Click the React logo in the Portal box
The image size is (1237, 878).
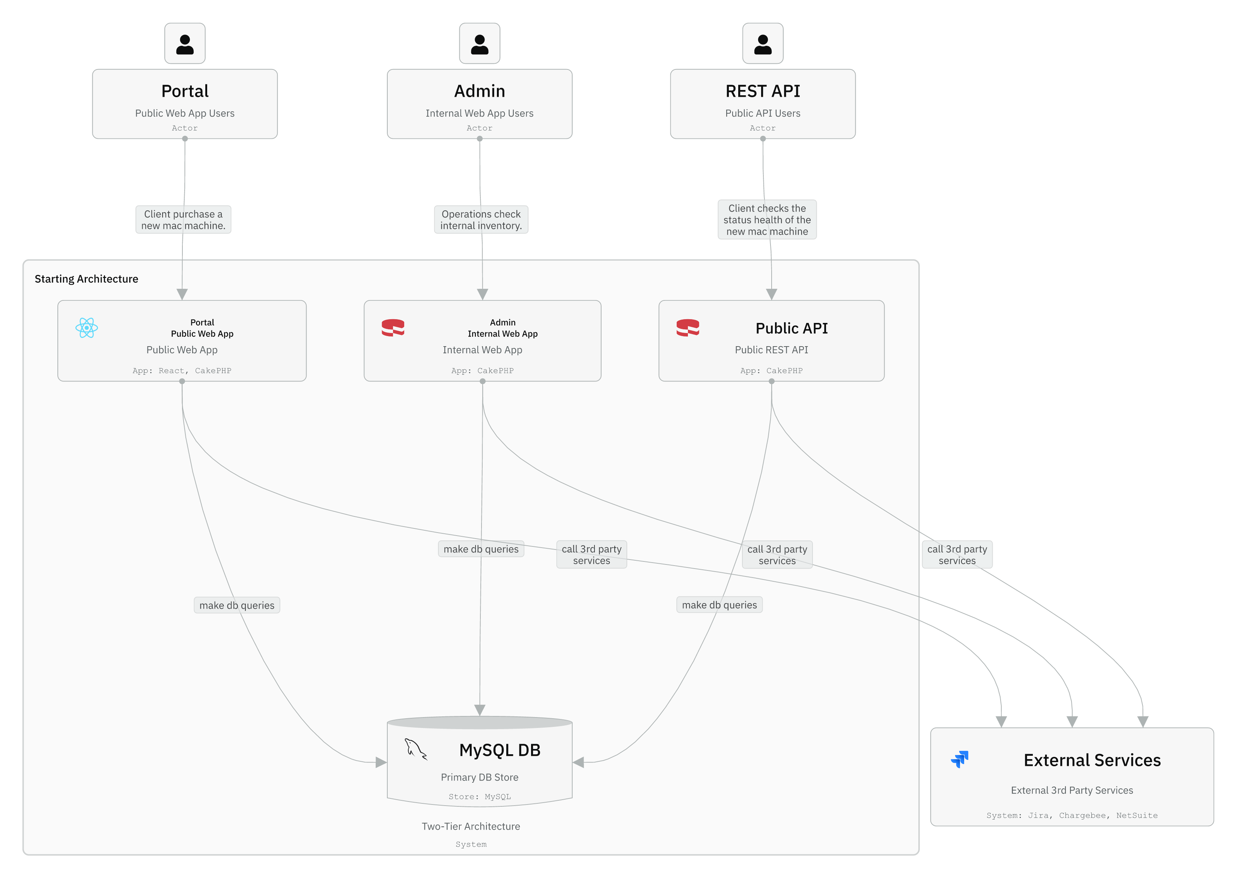87,328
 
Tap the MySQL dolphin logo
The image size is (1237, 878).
415,749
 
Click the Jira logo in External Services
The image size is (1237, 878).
960,759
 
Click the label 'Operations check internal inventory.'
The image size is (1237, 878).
481,219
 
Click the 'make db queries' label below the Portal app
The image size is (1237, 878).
237,605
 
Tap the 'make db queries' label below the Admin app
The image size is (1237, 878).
481,549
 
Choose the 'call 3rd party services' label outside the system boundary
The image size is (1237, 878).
956,554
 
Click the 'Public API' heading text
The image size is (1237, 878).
791,328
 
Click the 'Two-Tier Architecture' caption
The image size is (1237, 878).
471,826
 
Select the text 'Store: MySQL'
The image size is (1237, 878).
479,796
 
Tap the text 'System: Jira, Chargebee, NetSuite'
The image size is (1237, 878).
1071,815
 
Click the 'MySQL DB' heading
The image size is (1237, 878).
499,750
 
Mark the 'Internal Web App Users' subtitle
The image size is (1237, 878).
479,113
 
